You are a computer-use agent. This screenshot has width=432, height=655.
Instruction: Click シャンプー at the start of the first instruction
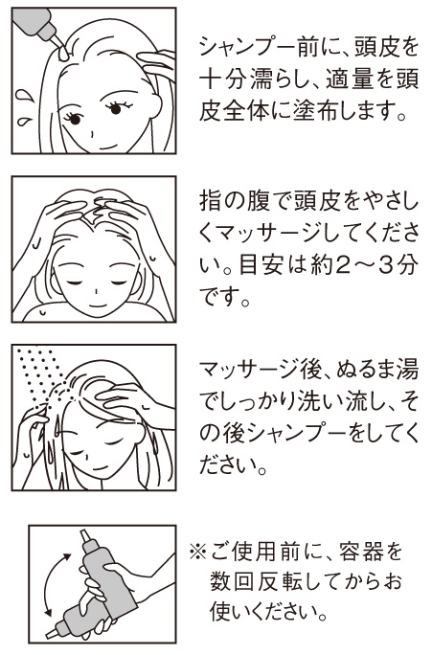click(x=248, y=46)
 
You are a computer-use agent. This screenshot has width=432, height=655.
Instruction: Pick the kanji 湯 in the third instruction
click(x=408, y=370)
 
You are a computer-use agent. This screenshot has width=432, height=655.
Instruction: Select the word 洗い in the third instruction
click(x=317, y=401)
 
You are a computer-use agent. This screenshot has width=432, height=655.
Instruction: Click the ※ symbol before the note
click(x=198, y=553)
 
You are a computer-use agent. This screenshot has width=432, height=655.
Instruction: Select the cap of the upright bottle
click(x=84, y=535)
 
